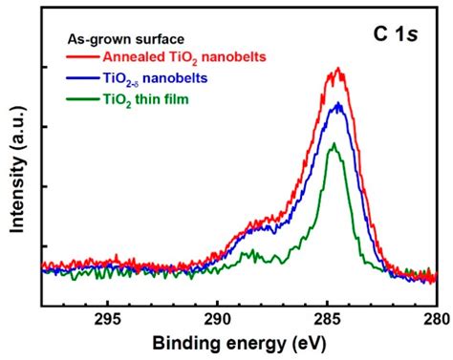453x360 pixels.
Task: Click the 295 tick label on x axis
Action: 107,322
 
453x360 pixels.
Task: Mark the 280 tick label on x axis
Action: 436,322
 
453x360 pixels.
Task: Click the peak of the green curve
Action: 334,144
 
